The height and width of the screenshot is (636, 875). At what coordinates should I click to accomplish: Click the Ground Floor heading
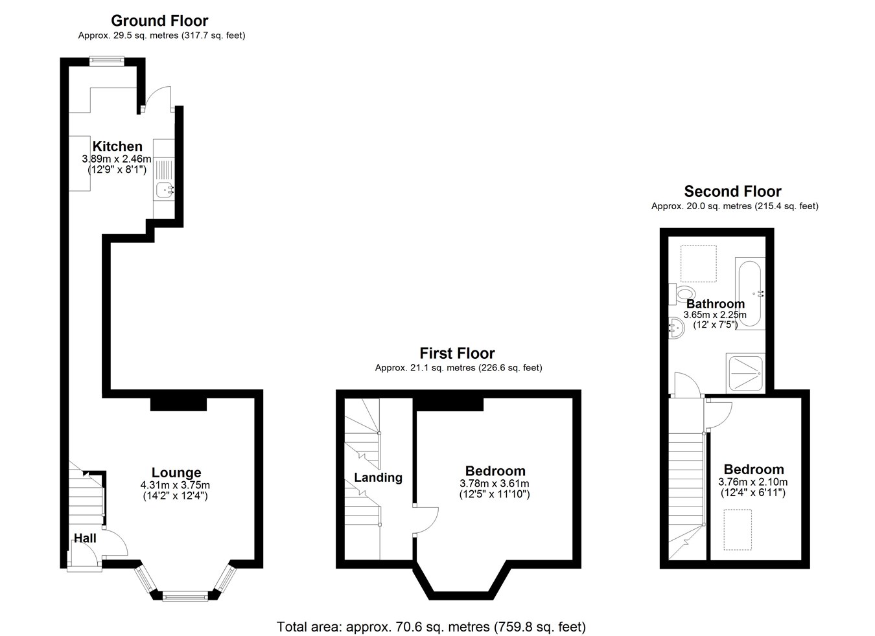(159, 20)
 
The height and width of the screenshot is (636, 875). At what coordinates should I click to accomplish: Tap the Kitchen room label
(117, 146)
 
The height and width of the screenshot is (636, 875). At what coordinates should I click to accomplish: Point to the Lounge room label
(176, 472)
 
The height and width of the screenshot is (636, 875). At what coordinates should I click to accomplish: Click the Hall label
(85, 538)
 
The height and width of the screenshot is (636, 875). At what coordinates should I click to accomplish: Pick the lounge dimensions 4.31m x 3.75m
(175, 485)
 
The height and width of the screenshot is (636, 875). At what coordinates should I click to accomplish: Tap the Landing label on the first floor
(378, 477)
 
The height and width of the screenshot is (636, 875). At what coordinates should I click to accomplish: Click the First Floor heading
(457, 353)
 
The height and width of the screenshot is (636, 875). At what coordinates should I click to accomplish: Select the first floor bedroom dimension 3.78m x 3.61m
(494, 483)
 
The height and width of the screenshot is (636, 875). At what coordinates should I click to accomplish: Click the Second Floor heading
(733, 191)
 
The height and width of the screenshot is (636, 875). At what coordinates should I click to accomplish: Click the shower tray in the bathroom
(745, 373)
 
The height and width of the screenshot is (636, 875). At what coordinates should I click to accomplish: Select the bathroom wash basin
(676, 327)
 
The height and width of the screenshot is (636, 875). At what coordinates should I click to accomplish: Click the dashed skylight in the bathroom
(699, 264)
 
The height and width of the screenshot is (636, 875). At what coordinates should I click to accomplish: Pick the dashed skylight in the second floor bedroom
(738, 529)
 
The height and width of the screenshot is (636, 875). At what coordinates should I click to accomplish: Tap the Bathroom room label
(716, 304)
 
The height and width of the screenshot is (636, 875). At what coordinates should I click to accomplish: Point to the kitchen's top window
(107, 61)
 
